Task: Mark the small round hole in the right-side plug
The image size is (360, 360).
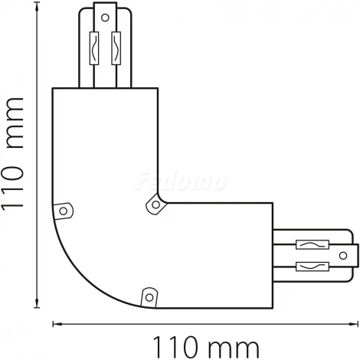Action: [350, 255]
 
